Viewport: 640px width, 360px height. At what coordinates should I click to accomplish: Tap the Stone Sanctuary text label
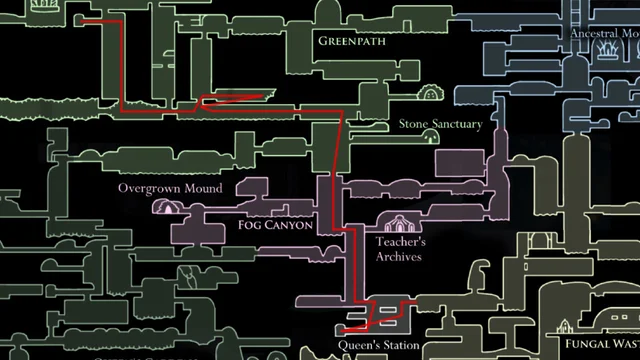click(440, 125)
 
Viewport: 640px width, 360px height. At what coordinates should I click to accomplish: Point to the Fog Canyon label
click(276, 226)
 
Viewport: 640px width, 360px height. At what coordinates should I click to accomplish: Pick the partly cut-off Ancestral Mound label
click(604, 33)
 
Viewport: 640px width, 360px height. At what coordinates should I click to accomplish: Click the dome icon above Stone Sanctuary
click(430, 93)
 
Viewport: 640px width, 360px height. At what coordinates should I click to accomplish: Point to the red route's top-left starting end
click(82, 21)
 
